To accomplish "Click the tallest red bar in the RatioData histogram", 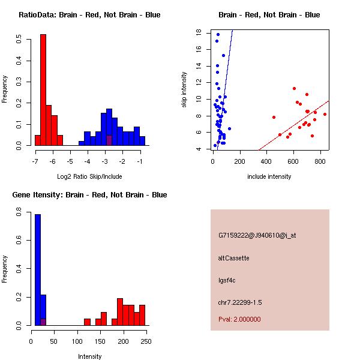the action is pyautogui.click(x=43, y=90).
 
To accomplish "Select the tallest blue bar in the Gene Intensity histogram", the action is pyautogui.click(x=38, y=270).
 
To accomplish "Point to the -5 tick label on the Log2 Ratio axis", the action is pyautogui.click(x=70, y=161).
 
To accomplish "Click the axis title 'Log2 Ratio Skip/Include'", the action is pyautogui.click(x=89, y=176).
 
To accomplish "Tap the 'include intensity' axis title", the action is pyautogui.click(x=269, y=176).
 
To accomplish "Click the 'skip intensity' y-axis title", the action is pyautogui.click(x=184, y=89).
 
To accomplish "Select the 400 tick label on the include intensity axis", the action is pyautogui.click(x=266, y=161).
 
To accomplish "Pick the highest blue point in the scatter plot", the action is pyautogui.click(x=218, y=34).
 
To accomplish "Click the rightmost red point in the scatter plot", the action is pyautogui.click(x=325, y=114).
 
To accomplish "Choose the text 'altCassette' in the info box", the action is pyautogui.click(x=233, y=258).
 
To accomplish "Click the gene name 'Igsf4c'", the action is pyautogui.click(x=227, y=280).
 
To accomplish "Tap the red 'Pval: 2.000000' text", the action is pyautogui.click(x=239, y=319).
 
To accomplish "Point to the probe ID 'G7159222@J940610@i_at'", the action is pyautogui.click(x=257, y=235).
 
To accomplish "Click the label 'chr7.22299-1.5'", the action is pyautogui.click(x=240, y=302).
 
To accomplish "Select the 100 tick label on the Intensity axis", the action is pyautogui.click(x=77, y=341).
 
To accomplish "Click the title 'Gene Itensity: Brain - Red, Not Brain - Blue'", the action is pyautogui.click(x=89, y=194).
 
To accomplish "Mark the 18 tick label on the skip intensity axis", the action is pyautogui.click(x=199, y=32).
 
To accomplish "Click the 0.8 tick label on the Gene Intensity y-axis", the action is pyautogui.click(x=19, y=212).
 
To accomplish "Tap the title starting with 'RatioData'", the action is pyautogui.click(x=89, y=14).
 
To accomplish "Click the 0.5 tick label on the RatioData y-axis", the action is pyautogui.click(x=19, y=39).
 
